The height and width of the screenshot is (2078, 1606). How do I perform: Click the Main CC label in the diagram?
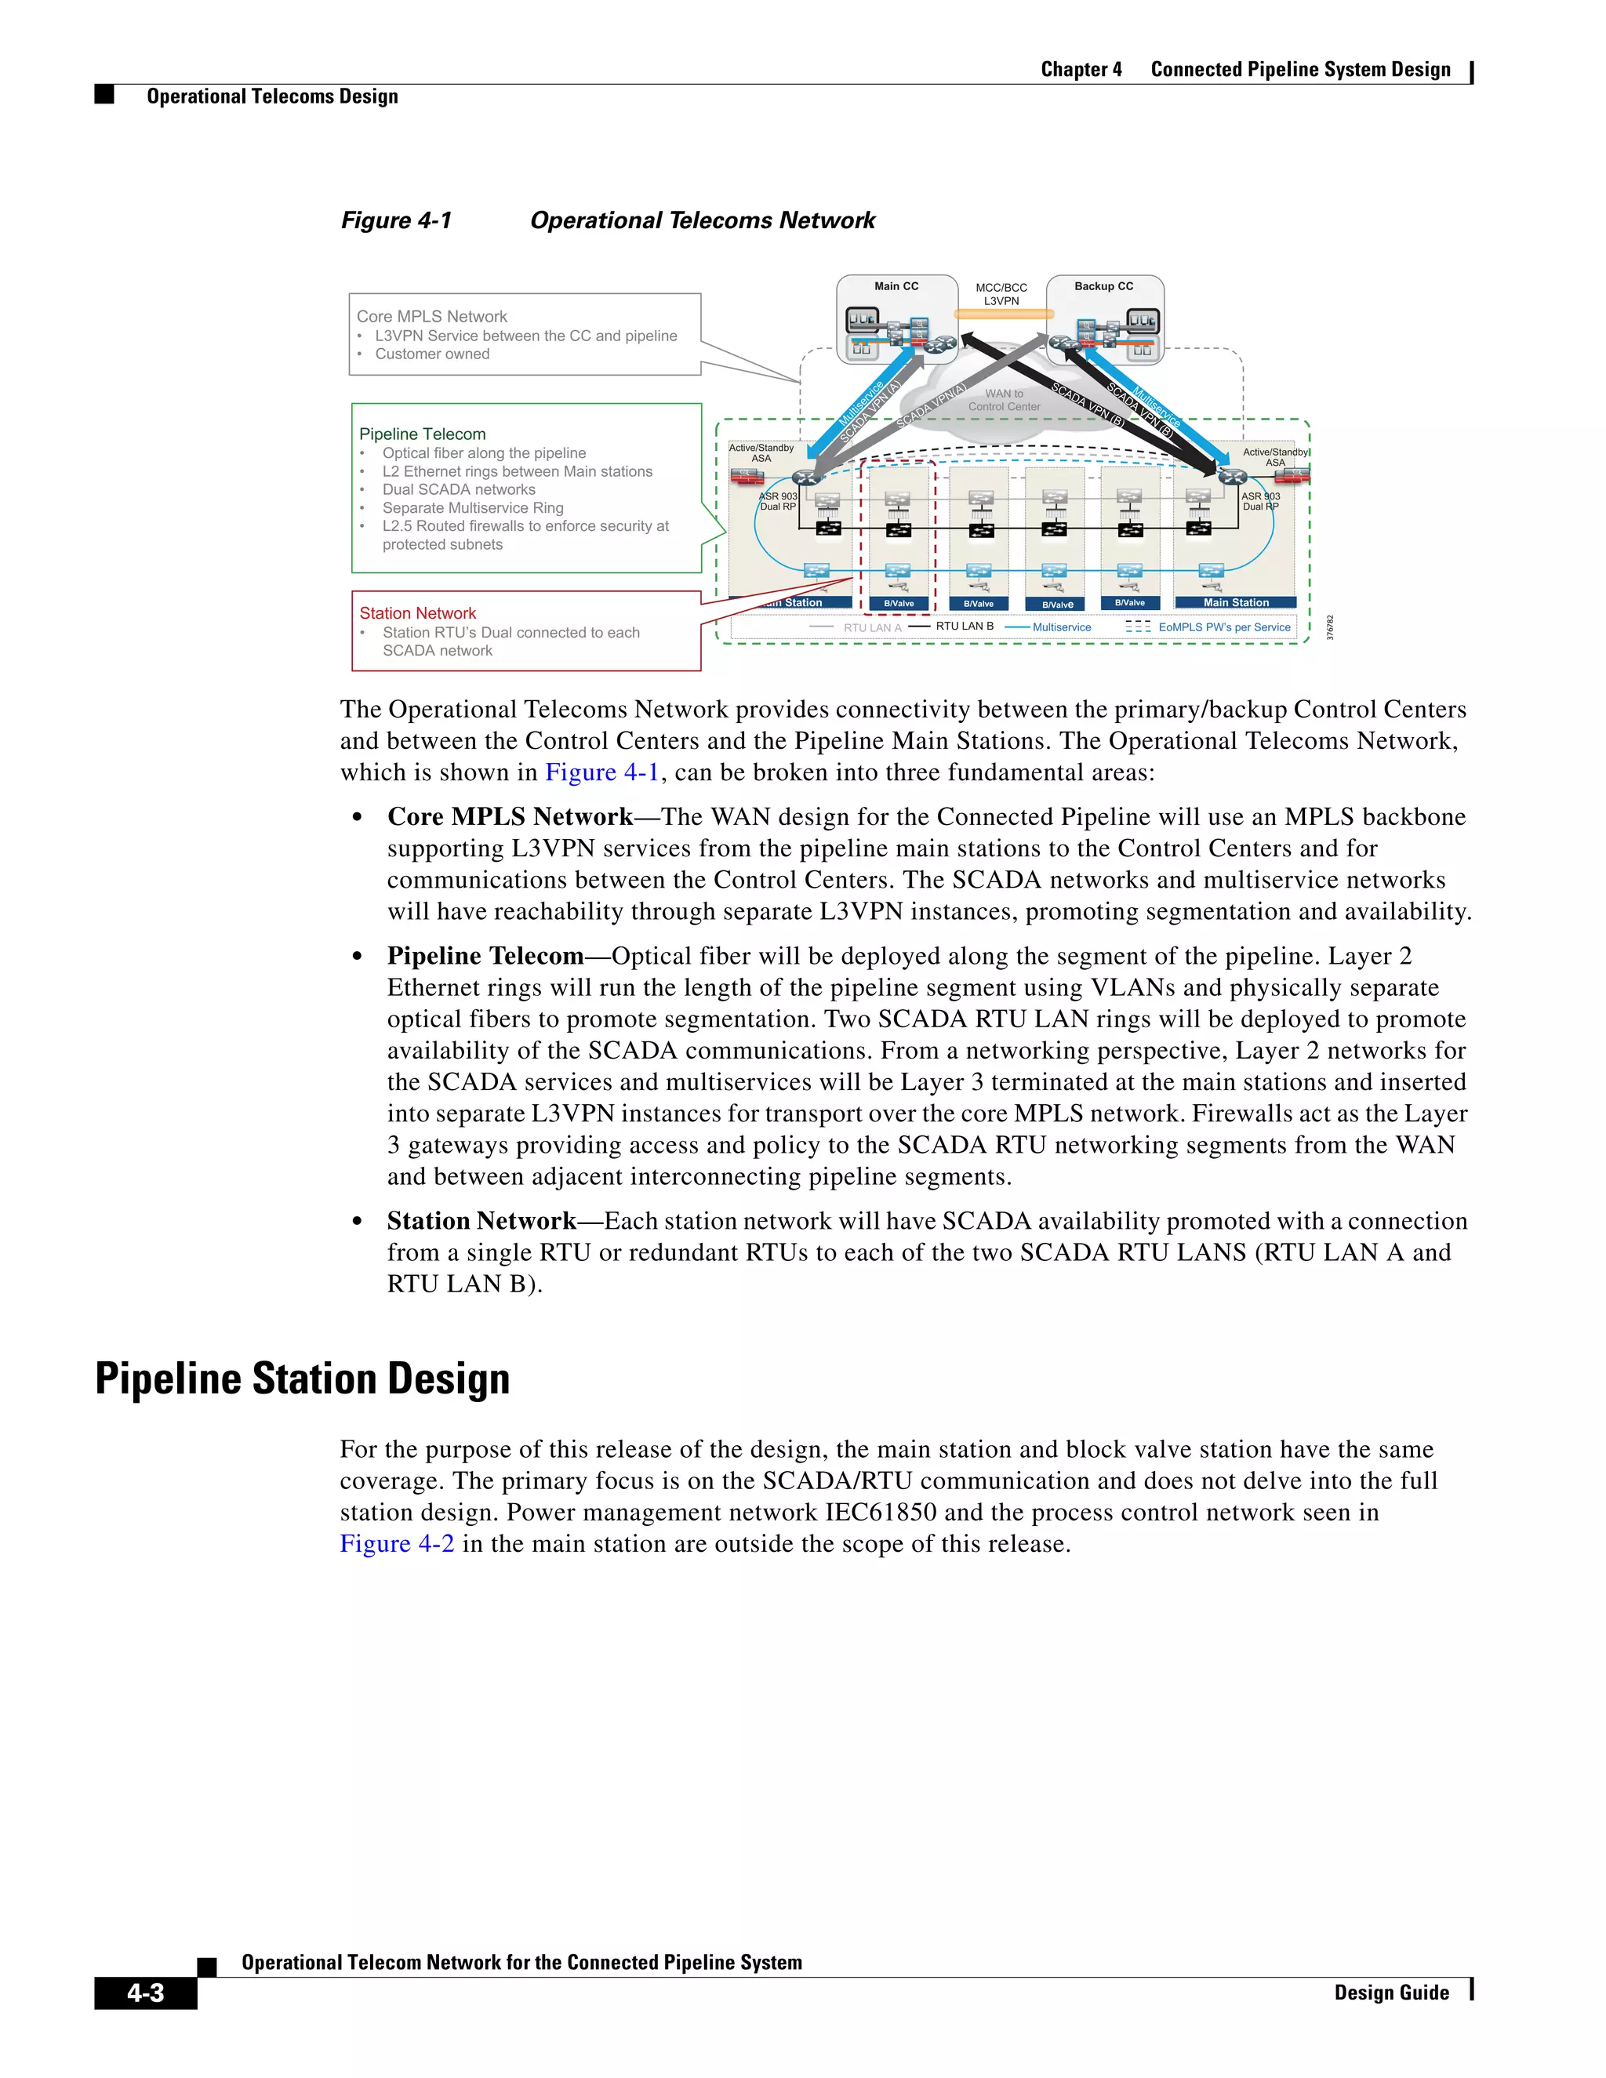[896, 286]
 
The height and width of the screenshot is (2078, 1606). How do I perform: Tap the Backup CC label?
[1103, 286]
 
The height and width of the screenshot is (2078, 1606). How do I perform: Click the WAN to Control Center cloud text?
[1004, 400]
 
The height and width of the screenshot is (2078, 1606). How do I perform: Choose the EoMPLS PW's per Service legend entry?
[1223, 627]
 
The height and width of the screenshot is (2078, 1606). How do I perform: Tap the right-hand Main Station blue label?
[1236, 602]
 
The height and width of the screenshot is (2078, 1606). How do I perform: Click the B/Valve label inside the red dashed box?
[898, 603]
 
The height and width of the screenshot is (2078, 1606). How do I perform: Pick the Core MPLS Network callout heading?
[432, 317]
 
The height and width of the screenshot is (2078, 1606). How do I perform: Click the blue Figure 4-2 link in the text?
[397, 1543]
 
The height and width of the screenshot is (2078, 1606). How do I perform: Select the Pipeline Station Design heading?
[303, 1379]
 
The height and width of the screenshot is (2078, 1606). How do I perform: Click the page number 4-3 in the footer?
[146, 1993]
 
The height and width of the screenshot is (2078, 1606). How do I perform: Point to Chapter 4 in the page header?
[1081, 70]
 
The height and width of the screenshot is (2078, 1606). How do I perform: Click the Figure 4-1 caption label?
[397, 221]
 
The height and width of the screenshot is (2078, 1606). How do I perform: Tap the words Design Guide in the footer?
[1391, 1993]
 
